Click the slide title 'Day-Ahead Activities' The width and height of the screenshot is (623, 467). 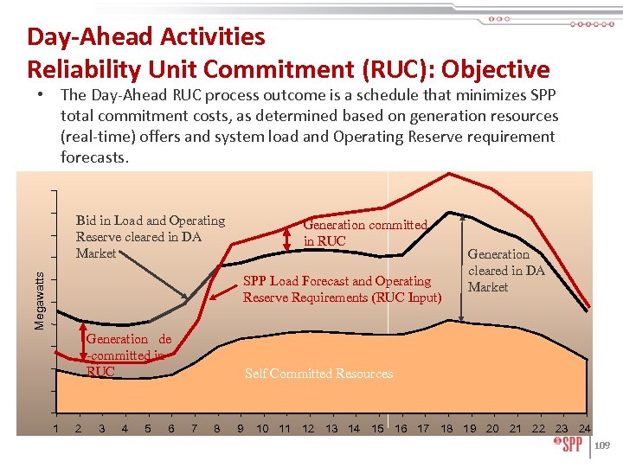146,37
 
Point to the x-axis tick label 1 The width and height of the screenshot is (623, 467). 56,428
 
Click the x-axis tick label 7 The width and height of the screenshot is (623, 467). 194,428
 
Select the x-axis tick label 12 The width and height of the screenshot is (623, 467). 308,428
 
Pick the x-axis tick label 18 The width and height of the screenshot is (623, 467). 446,428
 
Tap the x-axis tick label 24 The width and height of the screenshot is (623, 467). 584,428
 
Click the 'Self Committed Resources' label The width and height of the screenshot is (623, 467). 318,374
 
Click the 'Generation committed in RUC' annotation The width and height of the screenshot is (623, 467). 364,233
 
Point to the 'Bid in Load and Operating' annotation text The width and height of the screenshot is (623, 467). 150,221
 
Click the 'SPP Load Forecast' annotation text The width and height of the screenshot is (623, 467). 337,281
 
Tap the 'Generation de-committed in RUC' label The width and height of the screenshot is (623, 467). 128,355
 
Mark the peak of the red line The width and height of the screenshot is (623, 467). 449,174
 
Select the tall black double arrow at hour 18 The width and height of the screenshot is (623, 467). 460,268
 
